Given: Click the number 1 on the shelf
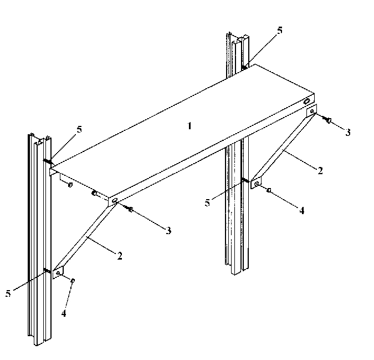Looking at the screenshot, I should coord(189,126).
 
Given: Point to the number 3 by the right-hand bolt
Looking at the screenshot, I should coord(347,133).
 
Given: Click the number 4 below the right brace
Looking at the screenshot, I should coord(302,210).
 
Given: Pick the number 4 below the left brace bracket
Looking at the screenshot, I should coord(64,313).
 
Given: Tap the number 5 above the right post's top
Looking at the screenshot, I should coord(280,31).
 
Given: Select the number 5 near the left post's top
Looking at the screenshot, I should coord(80,129).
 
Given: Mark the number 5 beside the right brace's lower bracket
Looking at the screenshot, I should coord(208,203).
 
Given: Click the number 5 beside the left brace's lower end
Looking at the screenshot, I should coord(8,293).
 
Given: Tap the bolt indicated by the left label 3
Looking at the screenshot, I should coord(130,209).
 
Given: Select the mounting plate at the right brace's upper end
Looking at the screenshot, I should coord(312,111).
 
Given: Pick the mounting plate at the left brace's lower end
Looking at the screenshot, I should coord(58,273).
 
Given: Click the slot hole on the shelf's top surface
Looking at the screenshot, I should coord(306,102).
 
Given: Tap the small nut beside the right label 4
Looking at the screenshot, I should coord(269,190).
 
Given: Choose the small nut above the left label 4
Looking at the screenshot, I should coord(73,281).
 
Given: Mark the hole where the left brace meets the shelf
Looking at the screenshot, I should coord(115,202).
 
